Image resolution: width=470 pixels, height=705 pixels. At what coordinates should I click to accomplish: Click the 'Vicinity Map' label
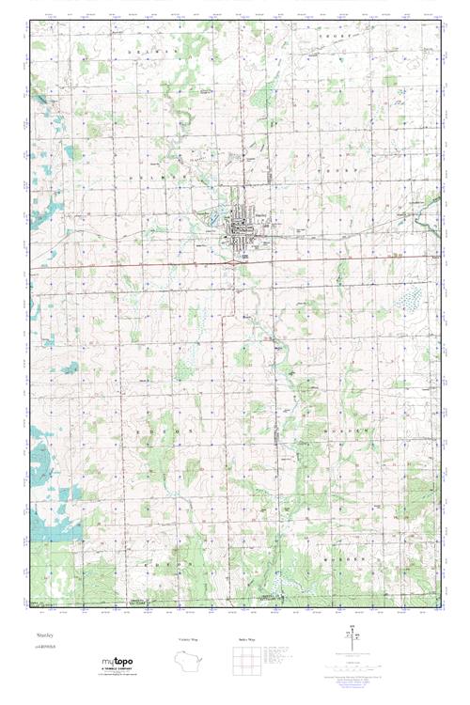coord(188,638)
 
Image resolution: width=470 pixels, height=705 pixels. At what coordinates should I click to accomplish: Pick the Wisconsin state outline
coord(188,665)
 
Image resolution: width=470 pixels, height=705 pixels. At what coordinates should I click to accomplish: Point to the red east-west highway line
coord(141,266)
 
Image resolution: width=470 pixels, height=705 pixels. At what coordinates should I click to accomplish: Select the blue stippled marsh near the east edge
coord(410,301)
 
